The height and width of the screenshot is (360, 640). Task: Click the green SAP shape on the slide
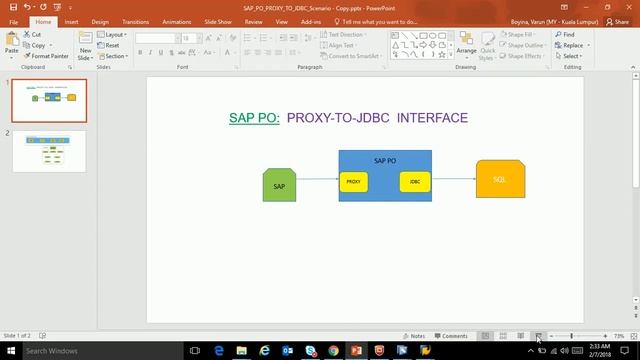coord(279,185)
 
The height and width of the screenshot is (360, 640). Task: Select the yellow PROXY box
coord(354,182)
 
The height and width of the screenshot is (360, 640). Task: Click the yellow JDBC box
coord(414,182)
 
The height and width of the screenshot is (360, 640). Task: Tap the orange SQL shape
coord(500,179)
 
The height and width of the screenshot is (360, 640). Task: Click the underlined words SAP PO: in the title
coord(254,118)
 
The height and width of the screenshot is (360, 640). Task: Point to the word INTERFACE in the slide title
coord(432,118)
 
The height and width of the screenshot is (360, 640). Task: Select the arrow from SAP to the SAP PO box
coord(317,180)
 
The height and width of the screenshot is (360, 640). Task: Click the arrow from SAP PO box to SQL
coord(454,179)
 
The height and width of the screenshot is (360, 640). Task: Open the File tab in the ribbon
coord(14,21)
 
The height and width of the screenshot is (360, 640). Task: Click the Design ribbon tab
coord(100,21)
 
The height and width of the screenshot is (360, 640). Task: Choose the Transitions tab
coord(135,21)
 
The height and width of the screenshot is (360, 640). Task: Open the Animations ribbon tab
coord(176,21)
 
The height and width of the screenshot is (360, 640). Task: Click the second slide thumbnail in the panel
coord(55,152)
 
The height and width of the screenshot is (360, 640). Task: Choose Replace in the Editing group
coord(572,45)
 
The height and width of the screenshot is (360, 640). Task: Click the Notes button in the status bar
coord(415,336)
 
